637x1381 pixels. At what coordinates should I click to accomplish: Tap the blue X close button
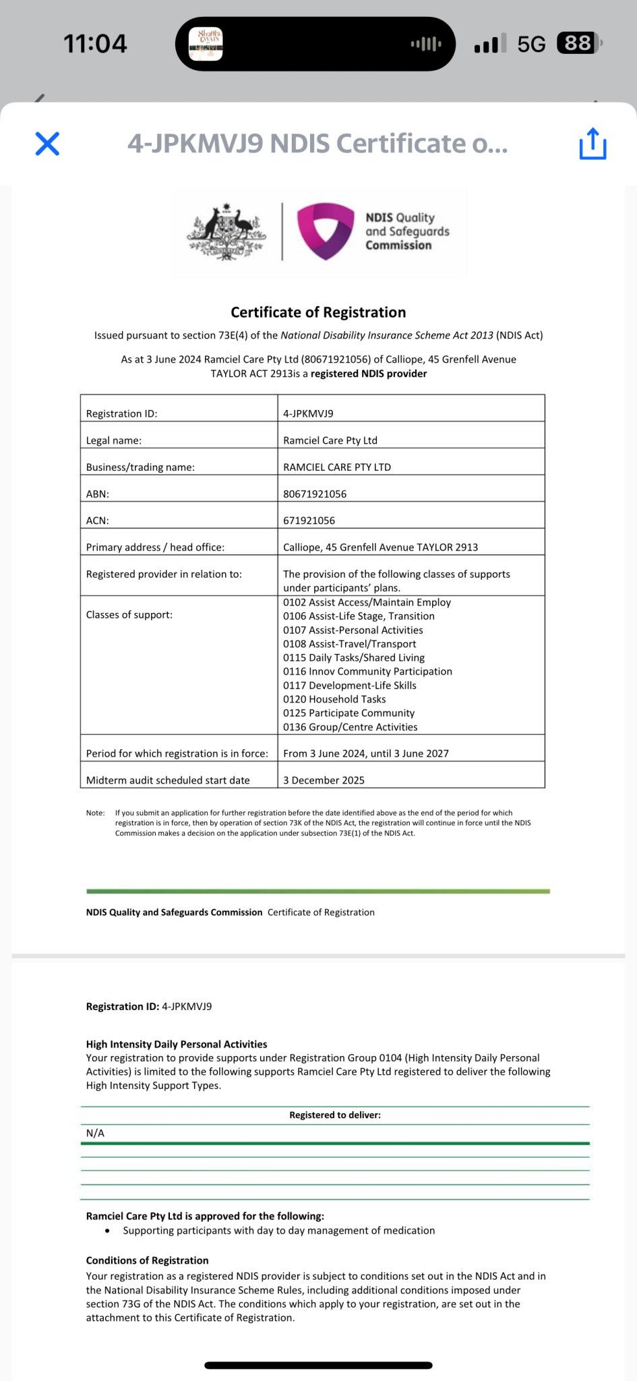47,144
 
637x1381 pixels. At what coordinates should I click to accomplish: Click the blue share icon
593,144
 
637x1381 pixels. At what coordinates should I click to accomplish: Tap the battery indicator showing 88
578,44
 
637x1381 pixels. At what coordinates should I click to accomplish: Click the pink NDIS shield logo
326,231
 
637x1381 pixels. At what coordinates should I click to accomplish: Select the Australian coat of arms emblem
226,231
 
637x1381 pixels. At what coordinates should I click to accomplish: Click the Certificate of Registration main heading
318,312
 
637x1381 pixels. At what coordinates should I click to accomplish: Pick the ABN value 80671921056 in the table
315,494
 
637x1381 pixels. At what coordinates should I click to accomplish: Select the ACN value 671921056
309,521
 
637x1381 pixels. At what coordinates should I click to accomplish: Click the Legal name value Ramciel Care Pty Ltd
330,440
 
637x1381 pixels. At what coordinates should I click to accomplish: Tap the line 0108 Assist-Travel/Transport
349,644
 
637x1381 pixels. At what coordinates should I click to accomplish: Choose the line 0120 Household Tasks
334,699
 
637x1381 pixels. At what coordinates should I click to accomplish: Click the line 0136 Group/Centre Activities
350,727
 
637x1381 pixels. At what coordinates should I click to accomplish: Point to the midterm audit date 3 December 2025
324,780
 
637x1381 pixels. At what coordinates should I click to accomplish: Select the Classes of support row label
129,615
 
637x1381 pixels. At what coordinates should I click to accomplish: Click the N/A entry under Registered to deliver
95,1134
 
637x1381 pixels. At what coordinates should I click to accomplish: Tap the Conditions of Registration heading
147,1260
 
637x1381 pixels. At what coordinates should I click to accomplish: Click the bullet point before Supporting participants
107,1231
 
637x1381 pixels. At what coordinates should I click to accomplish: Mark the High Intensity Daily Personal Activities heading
177,1045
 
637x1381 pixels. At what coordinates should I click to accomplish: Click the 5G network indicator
531,45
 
